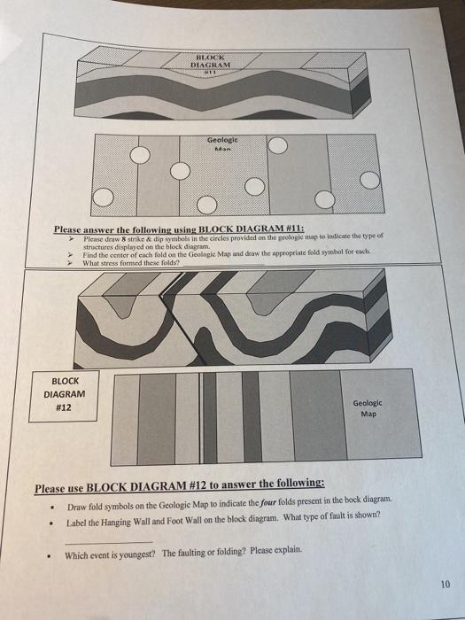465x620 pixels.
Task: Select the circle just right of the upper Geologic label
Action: [x=277, y=145]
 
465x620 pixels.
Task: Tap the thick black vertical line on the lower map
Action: [x=203, y=416]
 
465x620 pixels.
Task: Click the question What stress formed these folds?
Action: [x=127, y=263]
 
